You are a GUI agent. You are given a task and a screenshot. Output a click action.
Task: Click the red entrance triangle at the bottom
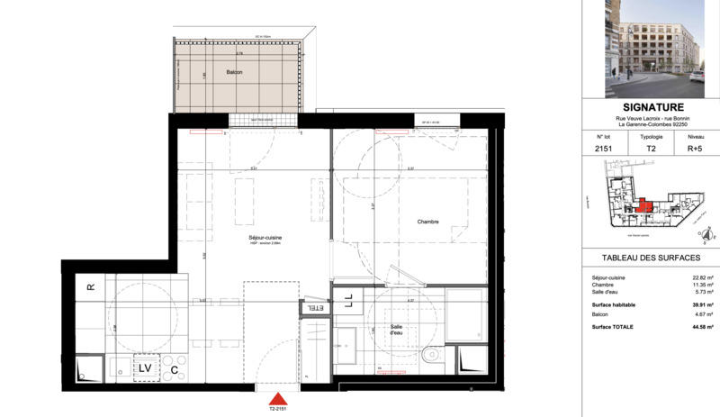pyautogui.click(x=280, y=397)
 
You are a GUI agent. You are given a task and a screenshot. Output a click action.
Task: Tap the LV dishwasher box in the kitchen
pyautogui.click(x=145, y=367)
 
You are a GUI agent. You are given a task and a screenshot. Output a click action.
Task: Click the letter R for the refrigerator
pyautogui.click(x=90, y=287)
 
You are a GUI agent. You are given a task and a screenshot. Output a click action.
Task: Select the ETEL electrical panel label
pyautogui.click(x=315, y=308)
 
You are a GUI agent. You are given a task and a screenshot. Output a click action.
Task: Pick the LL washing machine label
pyautogui.click(x=348, y=301)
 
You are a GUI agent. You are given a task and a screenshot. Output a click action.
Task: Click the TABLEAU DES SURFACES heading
pyautogui.click(x=650, y=258)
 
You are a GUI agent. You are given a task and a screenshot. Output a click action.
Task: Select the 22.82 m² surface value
pyautogui.click(x=697, y=277)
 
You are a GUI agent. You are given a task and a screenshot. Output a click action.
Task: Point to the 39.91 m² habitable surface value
pyautogui.click(x=697, y=304)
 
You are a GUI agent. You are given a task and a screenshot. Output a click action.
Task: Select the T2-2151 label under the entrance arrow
pyautogui.click(x=280, y=409)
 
